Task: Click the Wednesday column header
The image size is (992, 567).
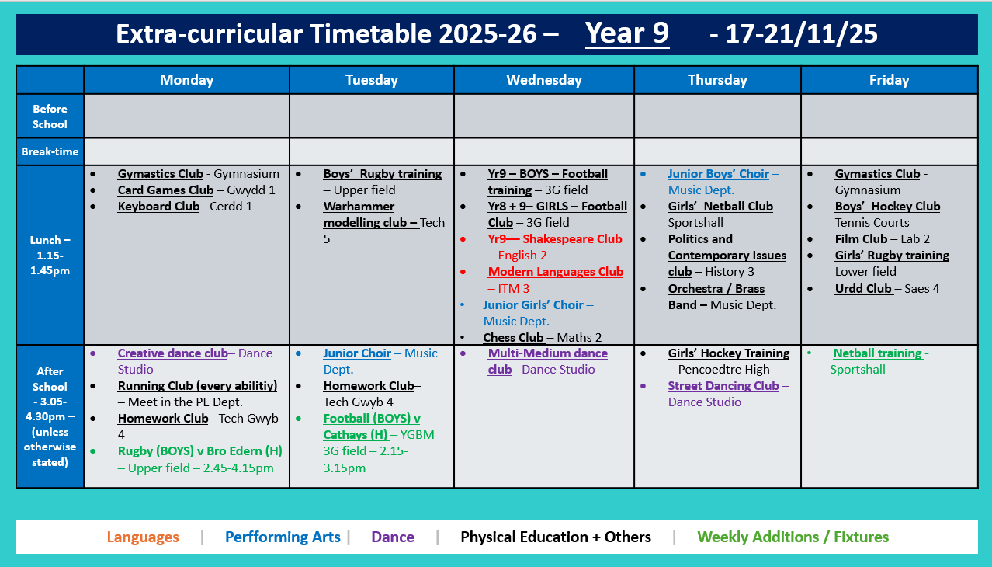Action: coord(543,80)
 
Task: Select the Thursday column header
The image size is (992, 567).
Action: coord(716,80)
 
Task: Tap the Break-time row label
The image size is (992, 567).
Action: coord(50,151)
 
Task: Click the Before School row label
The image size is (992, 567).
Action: coord(50,117)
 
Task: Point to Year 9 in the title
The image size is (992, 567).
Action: coord(626,34)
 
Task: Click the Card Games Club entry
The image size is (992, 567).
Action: coord(165,190)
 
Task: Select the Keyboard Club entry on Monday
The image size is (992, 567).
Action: coord(159,207)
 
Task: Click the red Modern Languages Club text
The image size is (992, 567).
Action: coord(555,272)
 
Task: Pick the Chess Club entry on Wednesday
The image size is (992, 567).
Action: coord(513,337)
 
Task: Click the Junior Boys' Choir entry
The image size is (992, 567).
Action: coord(718,174)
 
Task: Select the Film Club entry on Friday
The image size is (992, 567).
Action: coord(861,239)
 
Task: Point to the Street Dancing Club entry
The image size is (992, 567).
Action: coord(723,386)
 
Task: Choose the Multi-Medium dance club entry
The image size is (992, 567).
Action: coord(547,361)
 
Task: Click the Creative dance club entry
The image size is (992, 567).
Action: coord(172,353)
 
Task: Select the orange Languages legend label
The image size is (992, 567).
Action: coord(143,537)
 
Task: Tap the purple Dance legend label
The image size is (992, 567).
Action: coord(393,537)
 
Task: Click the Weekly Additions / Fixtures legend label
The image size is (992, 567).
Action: coord(793,537)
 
